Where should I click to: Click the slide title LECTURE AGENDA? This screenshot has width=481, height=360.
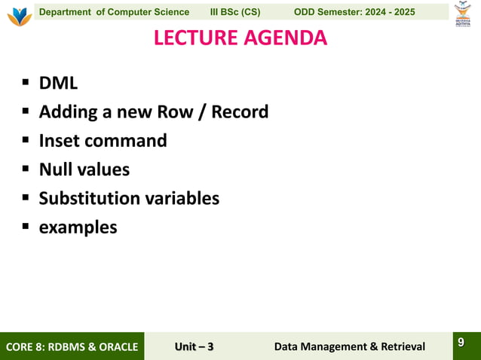pyautogui.click(x=240, y=38)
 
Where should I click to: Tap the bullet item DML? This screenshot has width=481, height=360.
pyautogui.click(x=58, y=84)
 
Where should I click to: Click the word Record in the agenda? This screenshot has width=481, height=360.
pyautogui.click(x=240, y=112)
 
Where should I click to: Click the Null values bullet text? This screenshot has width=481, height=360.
pyautogui.click(x=84, y=169)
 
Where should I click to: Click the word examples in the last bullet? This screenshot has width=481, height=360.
pyautogui.click(x=78, y=227)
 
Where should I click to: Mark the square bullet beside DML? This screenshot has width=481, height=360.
pyautogui.click(x=25, y=84)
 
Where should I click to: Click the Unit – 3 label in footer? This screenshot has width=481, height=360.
pyautogui.click(x=194, y=346)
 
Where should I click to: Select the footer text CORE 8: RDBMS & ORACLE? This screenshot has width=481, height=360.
pyautogui.click(x=72, y=346)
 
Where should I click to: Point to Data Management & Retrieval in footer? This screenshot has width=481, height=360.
pyautogui.click(x=349, y=346)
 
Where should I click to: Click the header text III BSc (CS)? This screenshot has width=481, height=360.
pyautogui.click(x=235, y=12)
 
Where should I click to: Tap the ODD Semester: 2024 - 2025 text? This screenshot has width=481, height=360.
pyautogui.click(x=354, y=12)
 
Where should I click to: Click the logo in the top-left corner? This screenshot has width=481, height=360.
pyautogui.click(x=19, y=15)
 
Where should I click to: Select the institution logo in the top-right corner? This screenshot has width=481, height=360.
pyautogui.click(x=462, y=14)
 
